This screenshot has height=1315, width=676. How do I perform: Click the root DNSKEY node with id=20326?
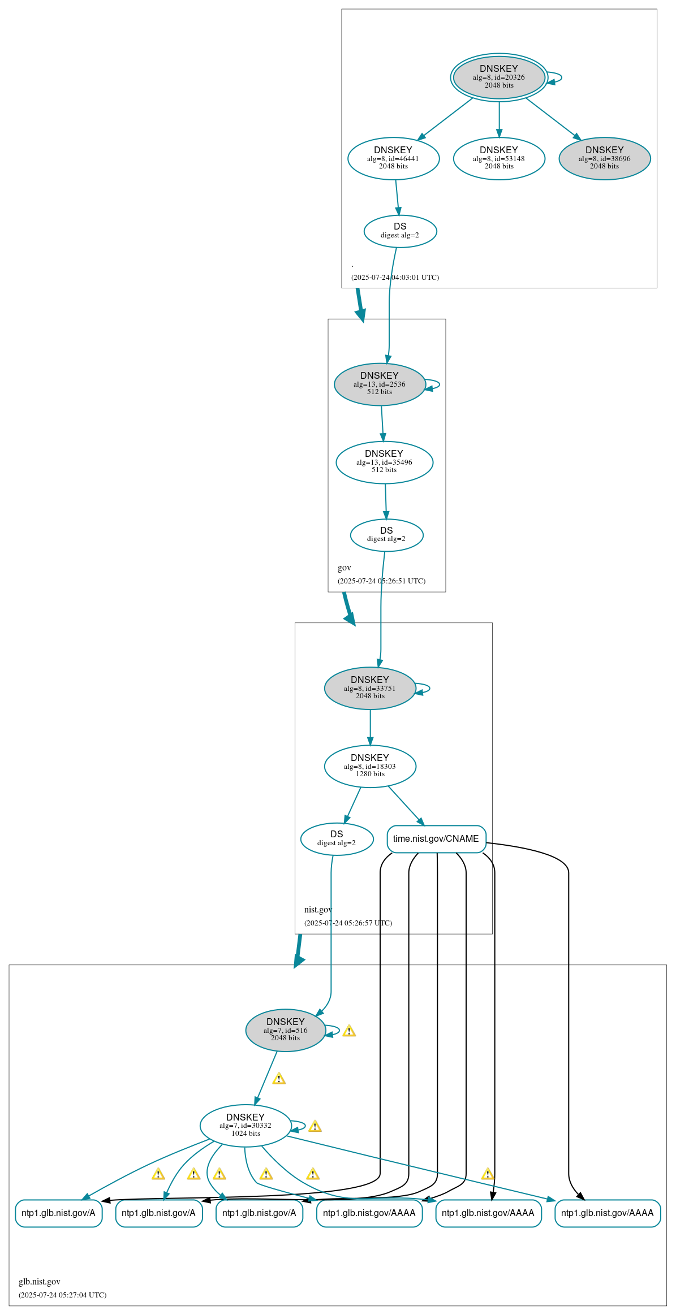click(x=499, y=77)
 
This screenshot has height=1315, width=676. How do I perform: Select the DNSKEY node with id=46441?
click(x=394, y=159)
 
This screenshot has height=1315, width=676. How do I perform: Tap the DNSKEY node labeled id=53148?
click(x=499, y=159)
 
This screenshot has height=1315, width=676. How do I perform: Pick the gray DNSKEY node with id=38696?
click(x=605, y=159)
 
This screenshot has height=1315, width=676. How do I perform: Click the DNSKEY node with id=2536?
click(x=380, y=384)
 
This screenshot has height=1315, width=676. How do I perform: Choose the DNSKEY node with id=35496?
click(x=385, y=462)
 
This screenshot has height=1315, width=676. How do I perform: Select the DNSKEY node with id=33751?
click(x=370, y=689)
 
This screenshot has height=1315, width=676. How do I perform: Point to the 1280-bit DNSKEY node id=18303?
click(x=370, y=767)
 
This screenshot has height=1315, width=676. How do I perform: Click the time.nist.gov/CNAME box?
click(x=437, y=839)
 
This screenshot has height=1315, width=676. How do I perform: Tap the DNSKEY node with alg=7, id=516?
click(x=286, y=1031)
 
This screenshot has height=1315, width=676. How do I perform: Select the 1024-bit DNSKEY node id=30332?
click(x=246, y=1126)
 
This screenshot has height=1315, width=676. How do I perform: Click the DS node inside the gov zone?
click(x=387, y=535)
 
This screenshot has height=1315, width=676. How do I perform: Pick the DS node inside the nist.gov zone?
click(x=337, y=839)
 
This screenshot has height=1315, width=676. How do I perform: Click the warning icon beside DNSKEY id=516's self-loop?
click(x=349, y=1031)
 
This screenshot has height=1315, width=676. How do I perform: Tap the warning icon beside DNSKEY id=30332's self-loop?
click(x=315, y=1126)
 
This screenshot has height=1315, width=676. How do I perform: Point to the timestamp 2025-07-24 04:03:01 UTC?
click(x=395, y=278)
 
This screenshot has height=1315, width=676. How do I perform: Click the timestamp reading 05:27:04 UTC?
click(x=62, y=1295)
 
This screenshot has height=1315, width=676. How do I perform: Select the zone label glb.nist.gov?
click(x=40, y=1282)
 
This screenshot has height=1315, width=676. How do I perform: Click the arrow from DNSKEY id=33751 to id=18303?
click(x=371, y=728)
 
